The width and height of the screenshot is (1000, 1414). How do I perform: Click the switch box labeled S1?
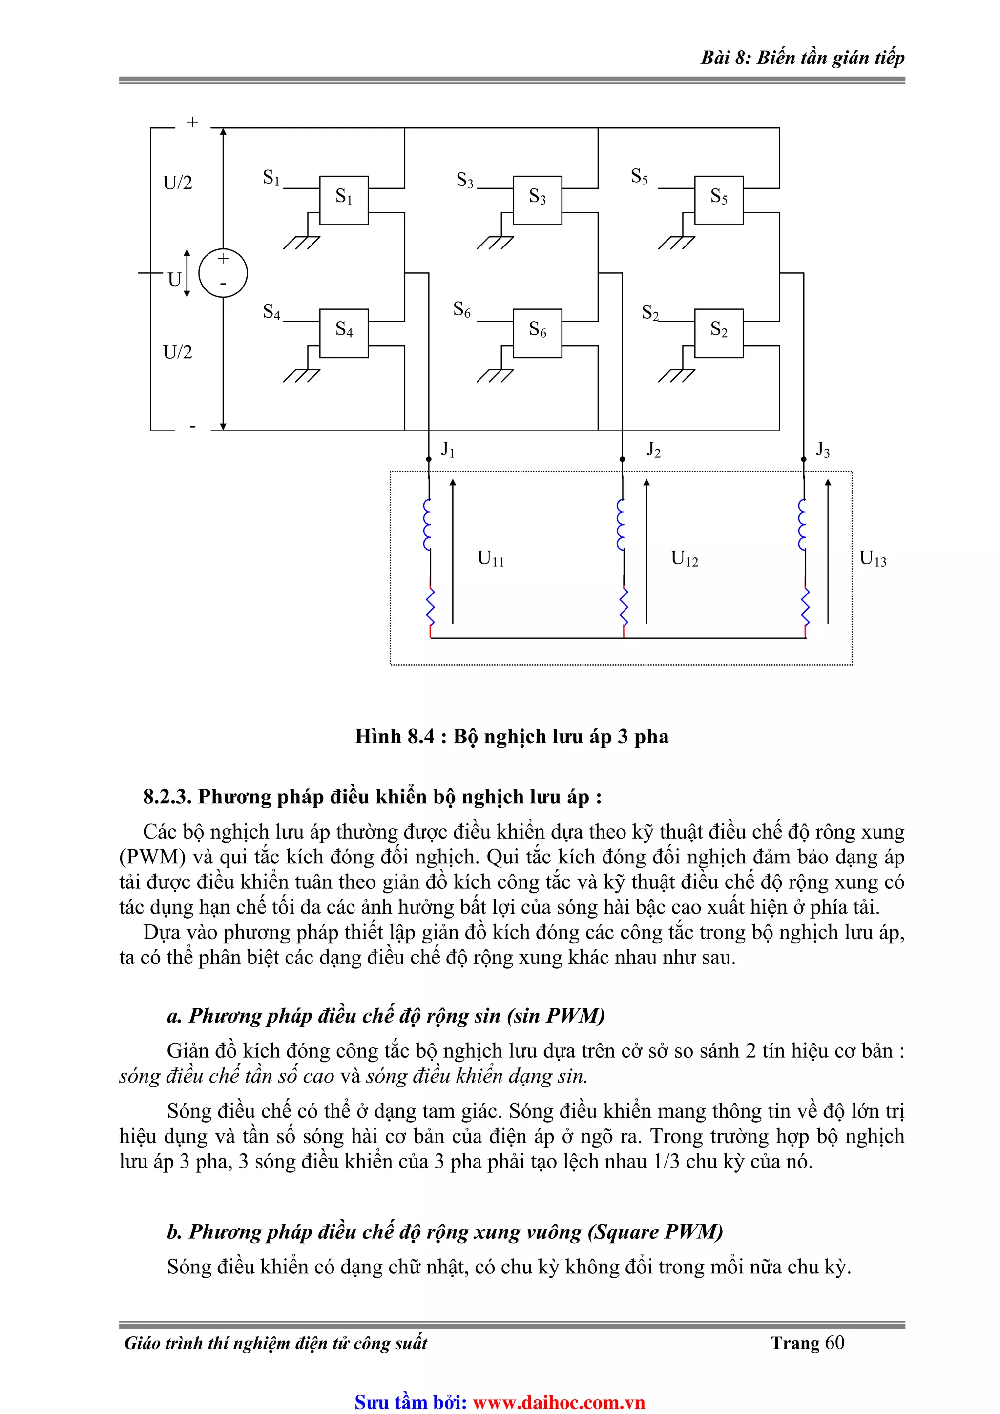(x=344, y=200)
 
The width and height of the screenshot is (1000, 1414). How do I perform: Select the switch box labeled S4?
(x=344, y=333)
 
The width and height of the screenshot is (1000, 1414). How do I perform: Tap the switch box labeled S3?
(x=537, y=200)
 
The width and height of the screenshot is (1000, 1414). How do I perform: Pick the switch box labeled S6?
(x=537, y=333)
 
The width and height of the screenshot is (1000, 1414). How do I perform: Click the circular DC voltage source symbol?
(x=223, y=273)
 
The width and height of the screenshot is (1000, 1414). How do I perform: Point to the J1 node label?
(x=448, y=450)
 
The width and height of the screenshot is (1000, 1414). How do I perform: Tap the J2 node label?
(x=653, y=450)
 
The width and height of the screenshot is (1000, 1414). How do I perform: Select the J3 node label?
(x=823, y=450)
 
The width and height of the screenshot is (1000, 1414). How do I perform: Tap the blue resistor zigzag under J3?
(x=805, y=606)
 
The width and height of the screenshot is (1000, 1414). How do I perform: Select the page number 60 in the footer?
(x=834, y=1343)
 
